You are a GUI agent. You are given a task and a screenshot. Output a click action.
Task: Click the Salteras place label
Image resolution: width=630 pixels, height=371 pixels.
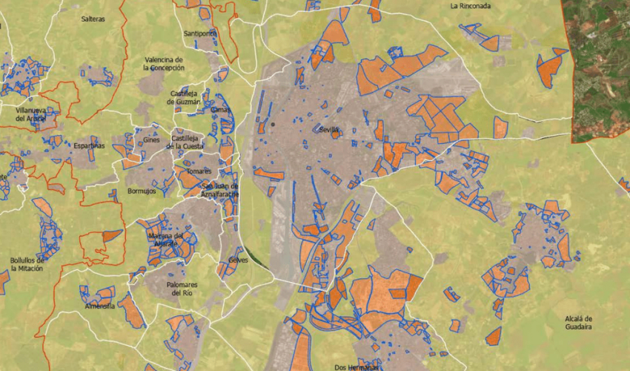93,19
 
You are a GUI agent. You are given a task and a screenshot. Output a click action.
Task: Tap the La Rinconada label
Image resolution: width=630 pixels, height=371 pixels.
471,6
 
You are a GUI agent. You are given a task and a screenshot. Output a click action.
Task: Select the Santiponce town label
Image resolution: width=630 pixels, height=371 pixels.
200,34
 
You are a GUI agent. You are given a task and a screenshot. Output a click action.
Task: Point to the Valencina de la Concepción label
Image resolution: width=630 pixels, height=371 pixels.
164,64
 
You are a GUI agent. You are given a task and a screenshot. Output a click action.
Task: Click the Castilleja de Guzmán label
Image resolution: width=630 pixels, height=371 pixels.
185,97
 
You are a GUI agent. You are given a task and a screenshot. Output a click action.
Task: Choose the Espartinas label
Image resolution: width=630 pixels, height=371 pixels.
89,146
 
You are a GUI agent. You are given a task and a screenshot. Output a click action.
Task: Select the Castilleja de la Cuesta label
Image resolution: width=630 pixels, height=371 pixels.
188,142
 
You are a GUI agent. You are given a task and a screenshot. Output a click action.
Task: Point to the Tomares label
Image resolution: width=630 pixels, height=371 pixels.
189,171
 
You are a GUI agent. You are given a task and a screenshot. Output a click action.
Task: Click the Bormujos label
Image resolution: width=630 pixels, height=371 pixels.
142,191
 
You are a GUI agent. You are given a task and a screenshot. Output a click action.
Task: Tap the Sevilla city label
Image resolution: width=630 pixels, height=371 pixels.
329,130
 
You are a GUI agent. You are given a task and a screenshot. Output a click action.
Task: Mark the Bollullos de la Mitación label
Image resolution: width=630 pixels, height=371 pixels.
27,265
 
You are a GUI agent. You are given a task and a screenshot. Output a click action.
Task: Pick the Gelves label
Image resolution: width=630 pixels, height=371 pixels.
239,260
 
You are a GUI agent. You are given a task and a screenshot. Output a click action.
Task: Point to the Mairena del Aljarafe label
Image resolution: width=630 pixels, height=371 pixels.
171,240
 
